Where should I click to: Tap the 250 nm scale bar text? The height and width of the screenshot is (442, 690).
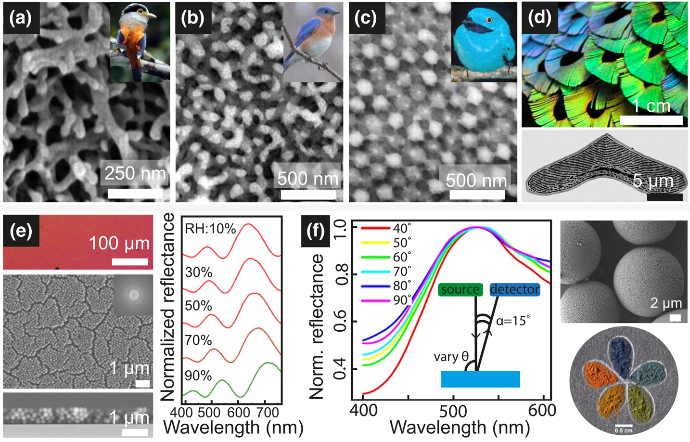(135, 173)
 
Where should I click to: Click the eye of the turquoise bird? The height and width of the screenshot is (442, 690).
(489, 21)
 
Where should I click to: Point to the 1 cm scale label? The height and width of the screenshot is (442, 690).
(651, 105)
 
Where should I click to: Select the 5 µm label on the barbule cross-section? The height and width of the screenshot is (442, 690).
(652, 181)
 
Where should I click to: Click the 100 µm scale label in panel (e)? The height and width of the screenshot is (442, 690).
(119, 243)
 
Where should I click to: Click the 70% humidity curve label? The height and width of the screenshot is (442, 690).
(198, 340)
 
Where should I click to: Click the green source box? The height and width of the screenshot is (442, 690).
(460, 289)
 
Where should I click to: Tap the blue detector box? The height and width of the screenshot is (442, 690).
(514, 289)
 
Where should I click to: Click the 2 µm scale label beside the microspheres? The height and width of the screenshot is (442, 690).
(666, 303)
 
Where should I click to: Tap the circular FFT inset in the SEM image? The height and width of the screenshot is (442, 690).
(133, 294)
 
